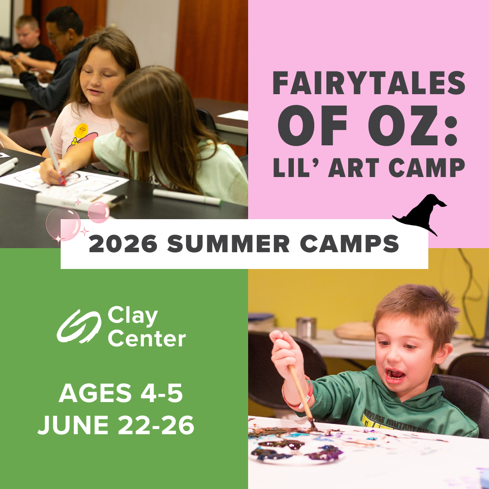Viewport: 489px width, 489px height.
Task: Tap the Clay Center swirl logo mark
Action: pos(78,326)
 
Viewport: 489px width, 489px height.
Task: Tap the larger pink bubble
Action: pos(63,223)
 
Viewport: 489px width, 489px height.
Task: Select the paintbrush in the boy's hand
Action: pos(302,394)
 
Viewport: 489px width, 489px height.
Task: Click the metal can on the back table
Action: pos(307,327)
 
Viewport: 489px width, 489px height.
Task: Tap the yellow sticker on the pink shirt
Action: pos(81,131)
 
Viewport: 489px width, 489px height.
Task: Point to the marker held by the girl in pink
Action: pos(51,149)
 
